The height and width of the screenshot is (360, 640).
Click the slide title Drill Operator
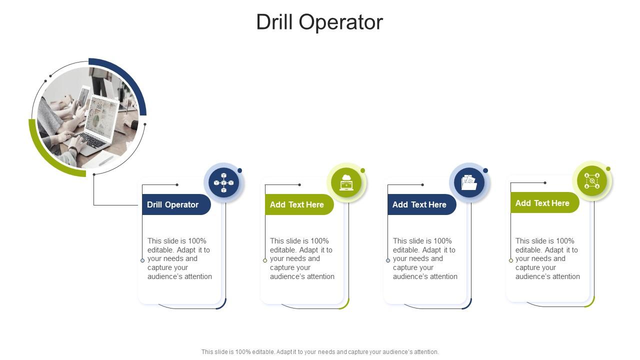point(319,22)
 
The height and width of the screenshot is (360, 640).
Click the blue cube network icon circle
point(223,182)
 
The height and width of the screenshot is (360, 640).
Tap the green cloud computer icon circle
point(346,182)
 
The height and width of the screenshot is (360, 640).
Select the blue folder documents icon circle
point(469,182)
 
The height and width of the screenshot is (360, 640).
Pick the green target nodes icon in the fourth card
point(592,180)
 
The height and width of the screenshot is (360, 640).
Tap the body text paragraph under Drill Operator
point(179,258)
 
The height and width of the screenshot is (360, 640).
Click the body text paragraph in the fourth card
point(547,258)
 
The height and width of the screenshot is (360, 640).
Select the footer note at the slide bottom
point(320,352)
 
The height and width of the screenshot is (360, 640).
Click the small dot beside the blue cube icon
point(240,170)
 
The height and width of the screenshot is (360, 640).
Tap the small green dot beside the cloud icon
point(363,170)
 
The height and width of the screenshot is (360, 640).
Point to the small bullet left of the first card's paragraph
point(142,260)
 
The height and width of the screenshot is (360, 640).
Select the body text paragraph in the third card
point(425,258)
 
